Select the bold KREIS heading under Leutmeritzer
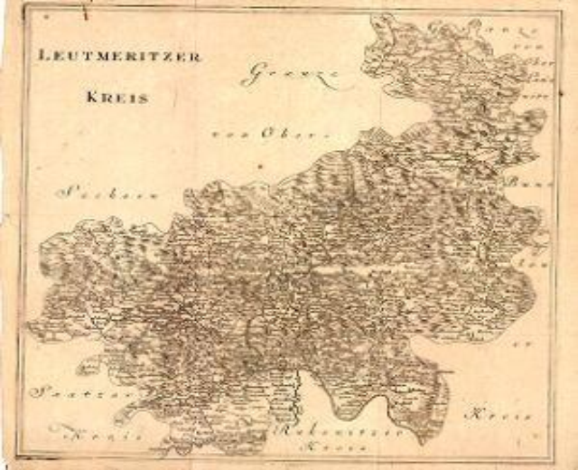click(118, 98)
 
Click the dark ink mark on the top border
click(83, 13)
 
